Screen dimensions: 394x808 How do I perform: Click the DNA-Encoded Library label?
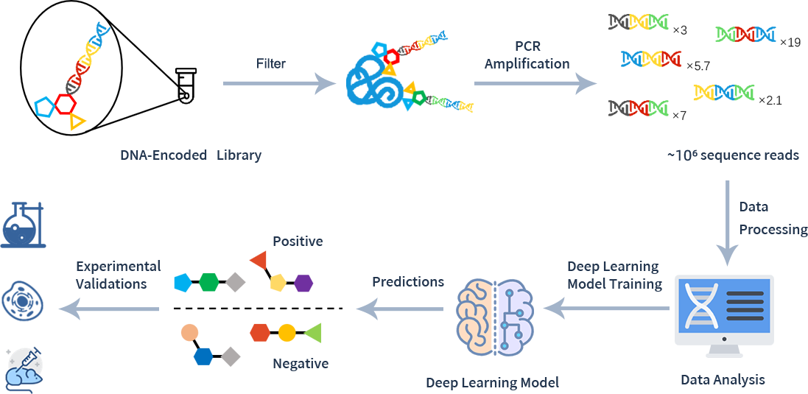[x=191, y=155]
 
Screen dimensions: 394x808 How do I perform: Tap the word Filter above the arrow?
[x=271, y=63]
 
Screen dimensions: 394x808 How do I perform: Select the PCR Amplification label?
[x=527, y=55]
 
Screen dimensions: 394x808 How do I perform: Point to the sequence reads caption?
[x=732, y=155]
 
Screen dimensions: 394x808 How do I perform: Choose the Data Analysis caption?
[x=723, y=380]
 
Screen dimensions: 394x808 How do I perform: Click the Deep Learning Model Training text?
[x=614, y=275]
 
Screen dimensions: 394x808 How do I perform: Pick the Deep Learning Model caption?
[x=492, y=382]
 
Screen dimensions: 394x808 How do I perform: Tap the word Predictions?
[x=408, y=281]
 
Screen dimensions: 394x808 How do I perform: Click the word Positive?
[x=298, y=241]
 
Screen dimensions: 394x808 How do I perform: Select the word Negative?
[x=301, y=363]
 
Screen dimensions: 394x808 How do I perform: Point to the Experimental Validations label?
[x=119, y=275]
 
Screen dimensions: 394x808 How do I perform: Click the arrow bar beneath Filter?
[x=280, y=84]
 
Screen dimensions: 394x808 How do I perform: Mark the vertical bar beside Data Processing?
[x=728, y=224]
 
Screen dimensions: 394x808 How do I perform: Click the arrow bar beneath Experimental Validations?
[x=108, y=309]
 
